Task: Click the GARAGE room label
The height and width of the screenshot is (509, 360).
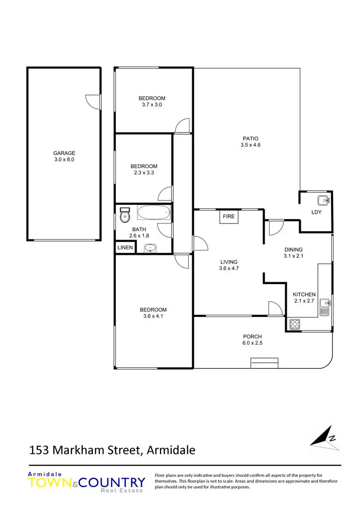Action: (64, 153)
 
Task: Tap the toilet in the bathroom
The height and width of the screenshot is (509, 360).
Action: (125, 214)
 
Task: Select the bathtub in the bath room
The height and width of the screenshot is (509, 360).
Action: (154, 212)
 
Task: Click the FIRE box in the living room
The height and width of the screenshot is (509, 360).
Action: (228, 216)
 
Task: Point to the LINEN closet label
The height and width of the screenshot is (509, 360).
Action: (124, 248)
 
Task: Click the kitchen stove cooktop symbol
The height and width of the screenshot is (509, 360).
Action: (295, 324)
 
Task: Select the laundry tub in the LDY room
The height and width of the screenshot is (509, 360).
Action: (323, 199)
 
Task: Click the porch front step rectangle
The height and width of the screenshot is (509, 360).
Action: (264, 363)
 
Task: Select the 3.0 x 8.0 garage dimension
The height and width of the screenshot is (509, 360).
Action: (64, 159)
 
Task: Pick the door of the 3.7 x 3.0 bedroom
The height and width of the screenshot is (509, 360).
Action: (183, 126)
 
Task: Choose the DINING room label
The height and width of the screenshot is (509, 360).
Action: (293, 249)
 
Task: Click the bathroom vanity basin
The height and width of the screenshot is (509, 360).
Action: (150, 248)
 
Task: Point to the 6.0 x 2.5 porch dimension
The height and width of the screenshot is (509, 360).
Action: (252, 343)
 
